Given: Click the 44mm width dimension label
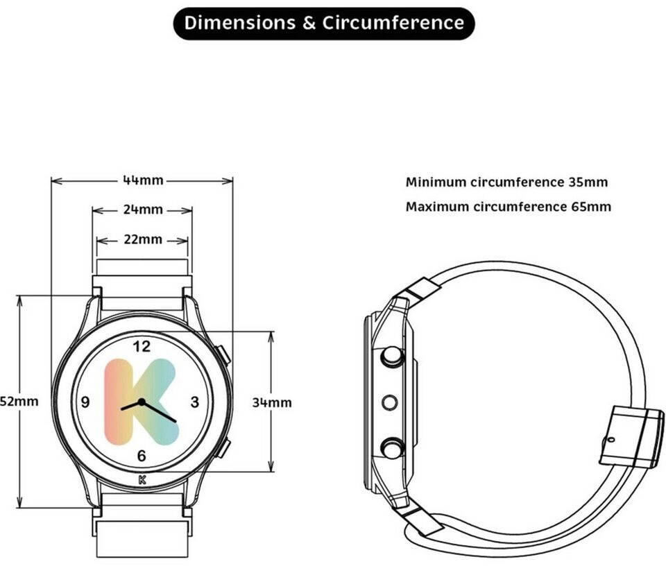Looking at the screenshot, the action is point(143,180).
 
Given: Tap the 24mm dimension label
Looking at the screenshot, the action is point(143,209).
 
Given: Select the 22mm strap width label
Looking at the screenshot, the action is point(143,240).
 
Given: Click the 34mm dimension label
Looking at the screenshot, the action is point(271,402).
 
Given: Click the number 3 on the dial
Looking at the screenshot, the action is point(195,402).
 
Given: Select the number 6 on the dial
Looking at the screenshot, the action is point(142,456).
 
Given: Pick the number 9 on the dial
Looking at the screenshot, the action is point(86,402).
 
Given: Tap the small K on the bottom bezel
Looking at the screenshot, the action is point(142,479).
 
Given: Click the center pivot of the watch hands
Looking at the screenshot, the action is point(142,402).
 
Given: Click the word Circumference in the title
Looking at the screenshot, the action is point(393,23).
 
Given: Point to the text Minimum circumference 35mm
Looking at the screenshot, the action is point(506,182).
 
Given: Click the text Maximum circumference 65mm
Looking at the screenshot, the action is point(509,207).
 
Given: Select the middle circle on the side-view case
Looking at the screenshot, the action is point(389,402).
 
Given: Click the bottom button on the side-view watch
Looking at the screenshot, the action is point(391,447).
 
